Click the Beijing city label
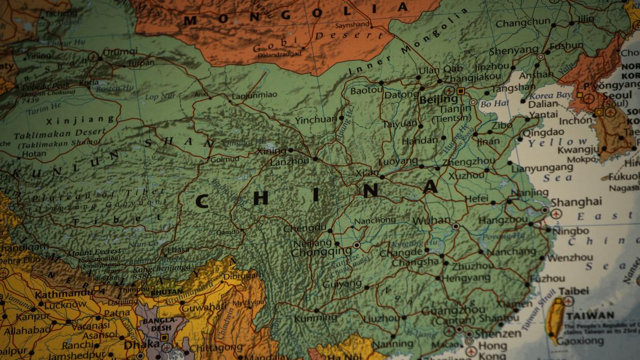[x=438, y=99]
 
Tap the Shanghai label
[x=576, y=202]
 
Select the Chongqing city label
[x=322, y=251]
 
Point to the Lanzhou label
[x=290, y=161]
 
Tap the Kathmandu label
[x=63, y=294]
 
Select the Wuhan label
[x=431, y=220]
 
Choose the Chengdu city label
[x=305, y=228]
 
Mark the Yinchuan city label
[x=316, y=119]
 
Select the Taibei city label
[x=574, y=291]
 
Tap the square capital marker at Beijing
[x=461, y=91]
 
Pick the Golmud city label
[x=224, y=158]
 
